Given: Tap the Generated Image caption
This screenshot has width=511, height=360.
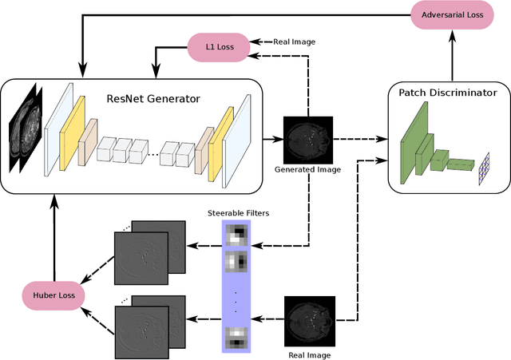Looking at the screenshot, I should coord(307,169).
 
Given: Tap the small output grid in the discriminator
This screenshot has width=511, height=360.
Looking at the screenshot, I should coord(483,169).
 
